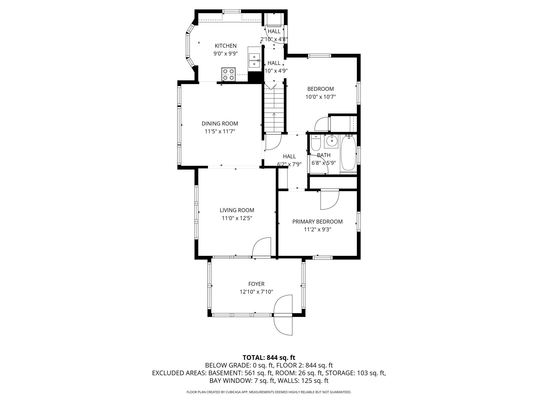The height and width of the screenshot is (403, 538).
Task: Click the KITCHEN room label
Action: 226,46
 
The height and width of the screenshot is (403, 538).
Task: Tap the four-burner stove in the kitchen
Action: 229,74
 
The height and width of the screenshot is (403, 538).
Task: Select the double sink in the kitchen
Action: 254,60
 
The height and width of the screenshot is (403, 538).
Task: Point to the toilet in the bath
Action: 316,143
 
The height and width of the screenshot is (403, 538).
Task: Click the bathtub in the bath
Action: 348,153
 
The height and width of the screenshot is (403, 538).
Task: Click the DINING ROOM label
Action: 220,123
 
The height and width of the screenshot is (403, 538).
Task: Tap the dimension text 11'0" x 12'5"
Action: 237,218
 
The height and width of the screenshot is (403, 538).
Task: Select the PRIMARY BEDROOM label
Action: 317,222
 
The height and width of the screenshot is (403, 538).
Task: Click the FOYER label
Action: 256,284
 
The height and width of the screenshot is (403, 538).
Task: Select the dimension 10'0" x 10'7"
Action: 320,97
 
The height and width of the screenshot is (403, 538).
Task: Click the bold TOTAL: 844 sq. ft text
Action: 269,358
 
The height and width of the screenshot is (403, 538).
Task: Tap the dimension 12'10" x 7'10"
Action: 256,292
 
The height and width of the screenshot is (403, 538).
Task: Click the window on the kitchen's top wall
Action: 232,11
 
